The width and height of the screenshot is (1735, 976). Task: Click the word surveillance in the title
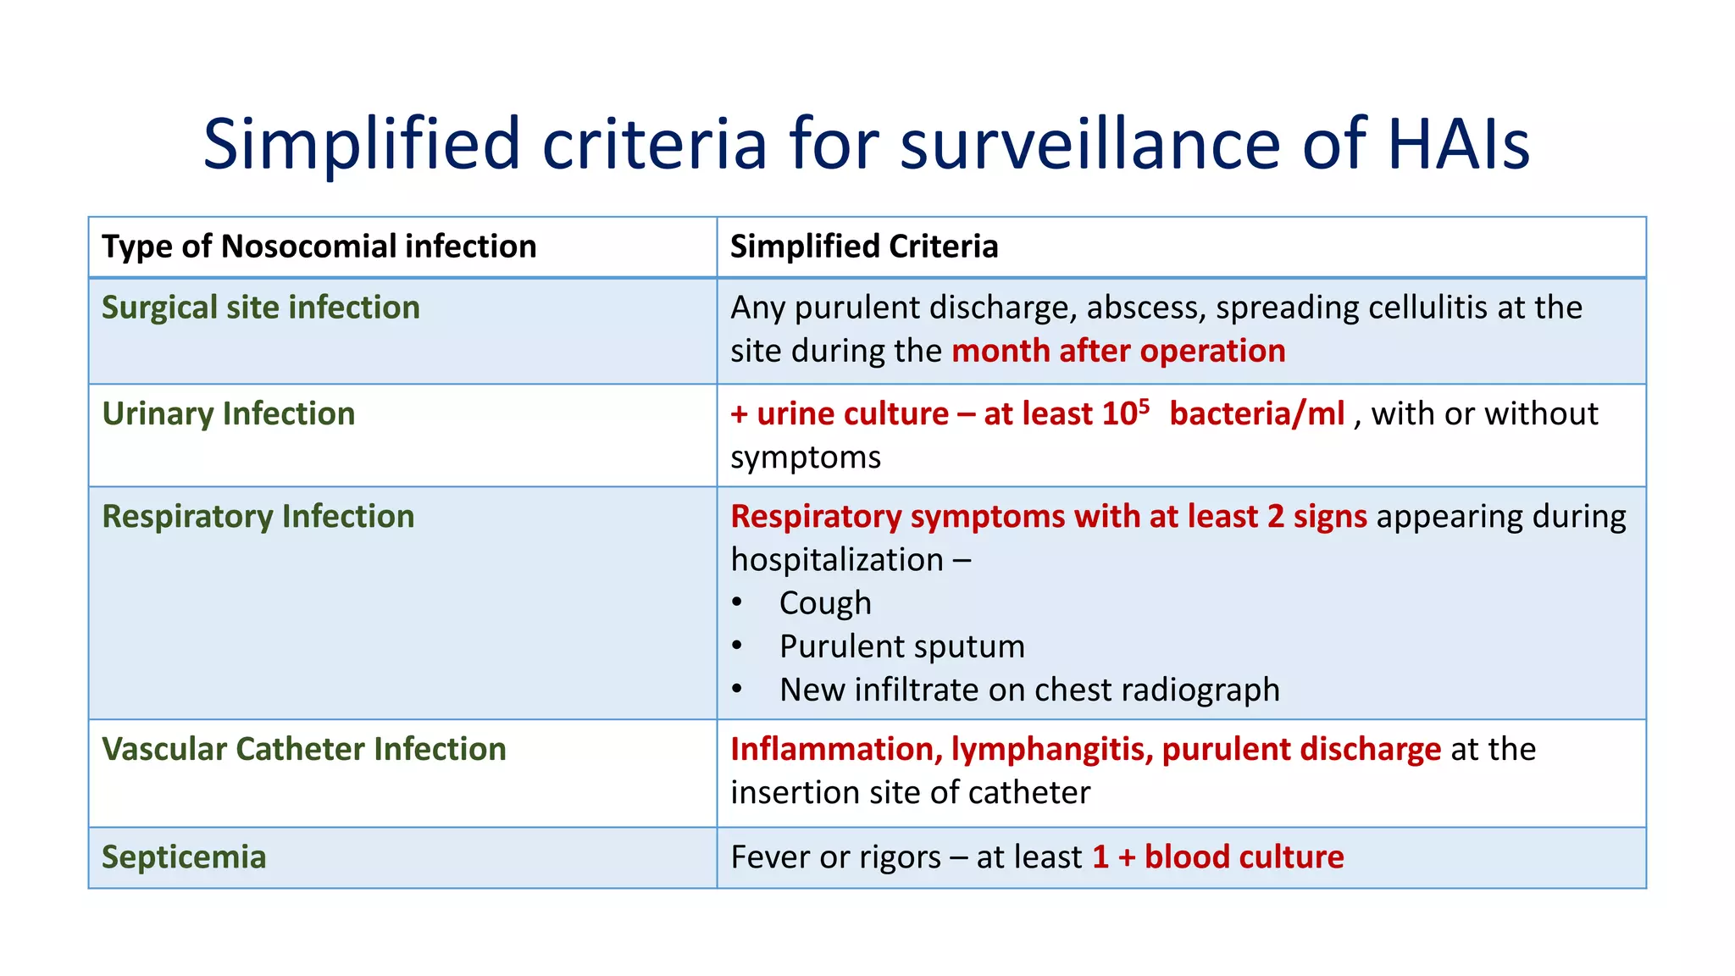tap(1090, 144)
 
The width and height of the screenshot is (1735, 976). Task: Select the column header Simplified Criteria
tap(864, 247)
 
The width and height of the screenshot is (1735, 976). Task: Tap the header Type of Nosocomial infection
tap(319, 247)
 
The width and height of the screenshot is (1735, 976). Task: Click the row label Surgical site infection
tap(261, 308)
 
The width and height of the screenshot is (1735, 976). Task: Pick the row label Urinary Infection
tap(229, 414)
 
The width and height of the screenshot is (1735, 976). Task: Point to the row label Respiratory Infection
tap(258, 517)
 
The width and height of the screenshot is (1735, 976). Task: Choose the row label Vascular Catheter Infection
tap(304, 750)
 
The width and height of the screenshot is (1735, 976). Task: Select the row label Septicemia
tap(184, 857)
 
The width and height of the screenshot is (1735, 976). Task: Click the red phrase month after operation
tap(1118, 352)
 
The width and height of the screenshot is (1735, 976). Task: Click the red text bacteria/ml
tap(1257, 414)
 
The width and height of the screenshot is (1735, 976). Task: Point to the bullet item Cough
tap(825, 603)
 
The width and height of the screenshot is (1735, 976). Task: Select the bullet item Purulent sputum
tap(902, 647)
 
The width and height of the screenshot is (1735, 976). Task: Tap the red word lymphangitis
tap(1051, 750)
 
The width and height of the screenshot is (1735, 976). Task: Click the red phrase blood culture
tap(1244, 857)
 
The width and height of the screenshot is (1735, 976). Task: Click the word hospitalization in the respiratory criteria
tap(837, 561)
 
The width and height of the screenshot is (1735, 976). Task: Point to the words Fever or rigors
tap(835, 857)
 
